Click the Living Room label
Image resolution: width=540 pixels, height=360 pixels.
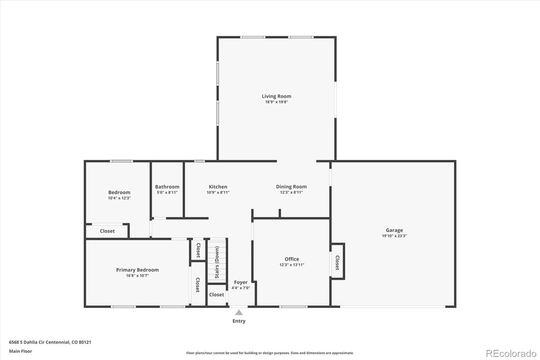(276, 96)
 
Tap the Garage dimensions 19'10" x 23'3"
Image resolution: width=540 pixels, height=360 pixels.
(394, 236)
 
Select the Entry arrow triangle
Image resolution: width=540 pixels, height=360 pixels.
(239, 313)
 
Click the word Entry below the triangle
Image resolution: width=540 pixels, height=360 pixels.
(239, 321)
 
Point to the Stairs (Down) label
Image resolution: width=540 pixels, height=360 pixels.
(217, 262)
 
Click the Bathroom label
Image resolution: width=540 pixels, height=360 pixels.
(167, 187)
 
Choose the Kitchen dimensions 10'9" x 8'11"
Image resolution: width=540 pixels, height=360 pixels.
(218, 192)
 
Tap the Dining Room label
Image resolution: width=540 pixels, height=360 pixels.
(291, 187)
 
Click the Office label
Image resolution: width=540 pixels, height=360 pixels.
(292, 259)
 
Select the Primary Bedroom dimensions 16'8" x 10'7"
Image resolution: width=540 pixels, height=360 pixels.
(137, 276)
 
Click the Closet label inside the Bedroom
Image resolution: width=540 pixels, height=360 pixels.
(107, 231)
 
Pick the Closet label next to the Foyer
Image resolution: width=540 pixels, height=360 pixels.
(216, 295)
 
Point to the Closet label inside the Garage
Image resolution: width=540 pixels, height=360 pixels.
(337, 262)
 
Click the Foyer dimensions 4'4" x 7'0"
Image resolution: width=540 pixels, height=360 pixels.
(241, 288)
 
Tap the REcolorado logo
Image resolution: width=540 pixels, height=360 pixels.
(511, 354)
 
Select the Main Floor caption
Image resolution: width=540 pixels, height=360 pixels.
(21, 351)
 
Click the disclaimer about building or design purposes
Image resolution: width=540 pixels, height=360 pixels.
(270, 353)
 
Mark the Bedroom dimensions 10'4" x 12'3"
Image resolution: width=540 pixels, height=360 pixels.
(119, 198)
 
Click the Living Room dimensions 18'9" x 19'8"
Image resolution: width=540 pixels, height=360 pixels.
(276, 102)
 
